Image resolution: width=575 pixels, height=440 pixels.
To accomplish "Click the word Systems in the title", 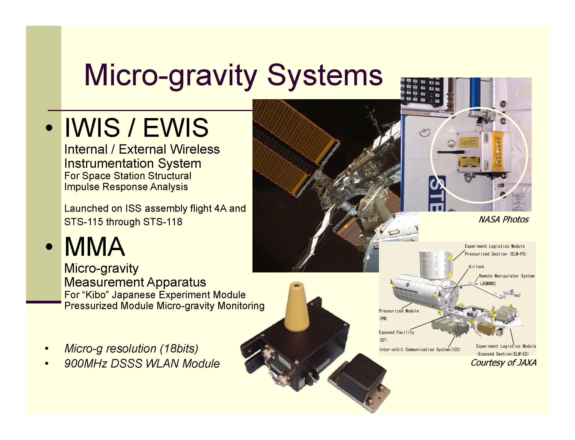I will click(x=325, y=76).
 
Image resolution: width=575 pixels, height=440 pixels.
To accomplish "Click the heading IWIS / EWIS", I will click(x=136, y=128).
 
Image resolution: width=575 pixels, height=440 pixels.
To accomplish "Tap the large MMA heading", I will click(x=95, y=247).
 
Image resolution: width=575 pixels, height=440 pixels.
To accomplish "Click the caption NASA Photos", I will click(x=503, y=220).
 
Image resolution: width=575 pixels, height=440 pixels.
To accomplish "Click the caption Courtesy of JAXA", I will click(x=503, y=363).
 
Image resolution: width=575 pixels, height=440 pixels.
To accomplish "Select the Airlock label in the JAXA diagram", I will click(x=476, y=267).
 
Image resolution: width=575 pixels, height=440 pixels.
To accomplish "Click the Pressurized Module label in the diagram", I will click(x=399, y=311).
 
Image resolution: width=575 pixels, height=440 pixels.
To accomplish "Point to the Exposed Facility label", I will click(x=396, y=332).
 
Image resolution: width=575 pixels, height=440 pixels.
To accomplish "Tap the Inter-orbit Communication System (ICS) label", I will click(x=419, y=350).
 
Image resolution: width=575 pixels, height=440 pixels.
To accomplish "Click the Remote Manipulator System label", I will click(x=506, y=276).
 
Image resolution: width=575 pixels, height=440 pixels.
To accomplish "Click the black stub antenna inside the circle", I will click(x=451, y=152).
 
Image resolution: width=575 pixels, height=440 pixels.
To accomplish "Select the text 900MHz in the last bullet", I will click(x=85, y=364).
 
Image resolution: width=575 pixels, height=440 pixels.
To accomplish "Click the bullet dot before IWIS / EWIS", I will click(x=49, y=128).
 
